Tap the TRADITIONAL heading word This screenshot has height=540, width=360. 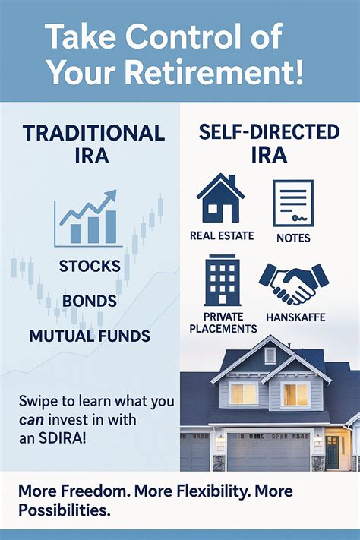pos(94,133)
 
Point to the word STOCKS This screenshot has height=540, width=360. pos(89,267)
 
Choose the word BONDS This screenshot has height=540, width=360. pos(89,301)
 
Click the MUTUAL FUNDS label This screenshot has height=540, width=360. pos(90,335)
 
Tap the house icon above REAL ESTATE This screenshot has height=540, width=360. pos(220,198)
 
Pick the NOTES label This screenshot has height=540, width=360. pos(293,238)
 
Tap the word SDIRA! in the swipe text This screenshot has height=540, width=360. pos(62,437)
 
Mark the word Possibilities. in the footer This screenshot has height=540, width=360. pos(64,511)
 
